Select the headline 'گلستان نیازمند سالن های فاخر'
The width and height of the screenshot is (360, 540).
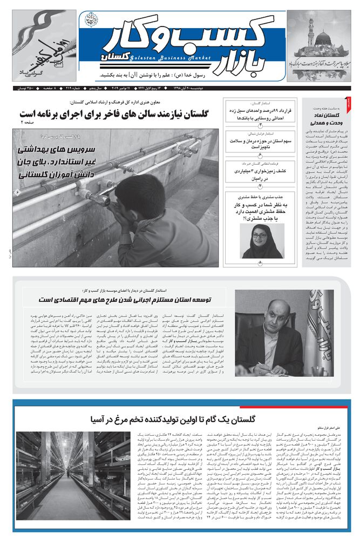tap(117, 114)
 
